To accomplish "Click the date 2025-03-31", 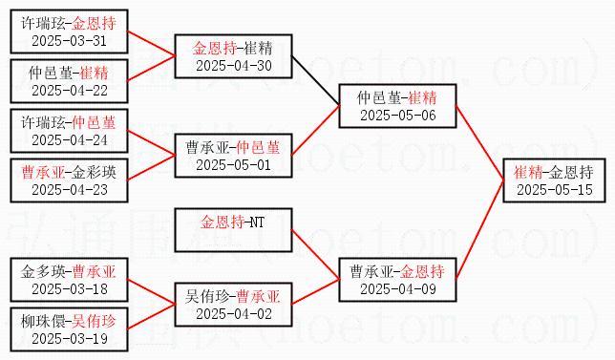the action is [69, 41].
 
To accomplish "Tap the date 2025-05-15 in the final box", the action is [554, 190].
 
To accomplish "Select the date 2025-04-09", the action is [397, 289].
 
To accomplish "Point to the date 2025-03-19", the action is [69, 339].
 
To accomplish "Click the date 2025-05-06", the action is [397, 116].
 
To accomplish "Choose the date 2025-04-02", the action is [233, 314].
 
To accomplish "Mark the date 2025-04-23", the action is [69, 190].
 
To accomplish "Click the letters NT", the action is [257, 222].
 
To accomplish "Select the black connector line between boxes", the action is [315, 81].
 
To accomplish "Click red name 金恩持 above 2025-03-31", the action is [95, 24].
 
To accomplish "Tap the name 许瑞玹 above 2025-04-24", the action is [43, 123].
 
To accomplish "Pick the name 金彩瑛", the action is [95, 173].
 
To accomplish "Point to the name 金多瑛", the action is [43, 272].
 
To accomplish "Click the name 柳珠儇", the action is [43, 322].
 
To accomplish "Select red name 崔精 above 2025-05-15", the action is [528, 173].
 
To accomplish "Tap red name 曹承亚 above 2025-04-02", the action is [259, 297].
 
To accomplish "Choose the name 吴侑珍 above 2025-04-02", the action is [207, 297].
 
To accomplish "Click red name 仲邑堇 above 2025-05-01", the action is [259, 148].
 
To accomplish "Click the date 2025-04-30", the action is [233, 66].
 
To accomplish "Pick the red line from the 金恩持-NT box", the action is [315, 255].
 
